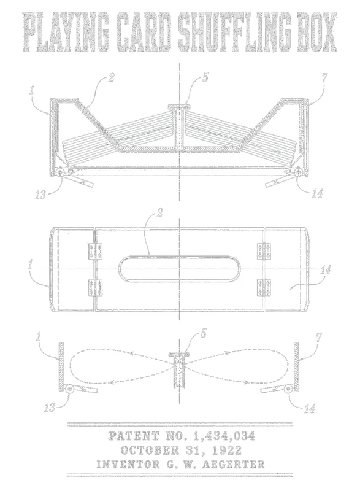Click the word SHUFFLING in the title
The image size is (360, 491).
pyautogui.click(x=236, y=33)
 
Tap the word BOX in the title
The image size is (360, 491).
pyautogui.click(x=317, y=33)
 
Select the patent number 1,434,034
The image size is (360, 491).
pyautogui.click(x=224, y=436)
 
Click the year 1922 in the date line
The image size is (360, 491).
pyautogui.click(x=227, y=450)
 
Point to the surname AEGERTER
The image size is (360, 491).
pyautogui.click(x=234, y=464)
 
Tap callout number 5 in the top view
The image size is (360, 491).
pyautogui.click(x=205, y=77)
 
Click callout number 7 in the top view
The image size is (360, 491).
pyautogui.click(x=324, y=77)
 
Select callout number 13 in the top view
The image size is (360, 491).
pyautogui.click(x=40, y=195)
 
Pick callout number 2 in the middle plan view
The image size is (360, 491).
pyautogui.click(x=159, y=213)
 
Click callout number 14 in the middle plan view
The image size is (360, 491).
pyautogui.click(x=325, y=270)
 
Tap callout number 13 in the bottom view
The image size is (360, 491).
pyautogui.click(x=49, y=408)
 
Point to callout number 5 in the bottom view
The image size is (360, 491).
pyautogui.click(x=203, y=333)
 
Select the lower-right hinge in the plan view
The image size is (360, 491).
pyautogui.click(x=264, y=287)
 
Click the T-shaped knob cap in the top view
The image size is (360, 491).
pyautogui.click(x=179, y=107)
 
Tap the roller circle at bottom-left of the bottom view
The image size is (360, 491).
pyautogui.click(x=69, y=389)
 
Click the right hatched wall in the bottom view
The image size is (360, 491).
pyautogui.click(x=296, y=366)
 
